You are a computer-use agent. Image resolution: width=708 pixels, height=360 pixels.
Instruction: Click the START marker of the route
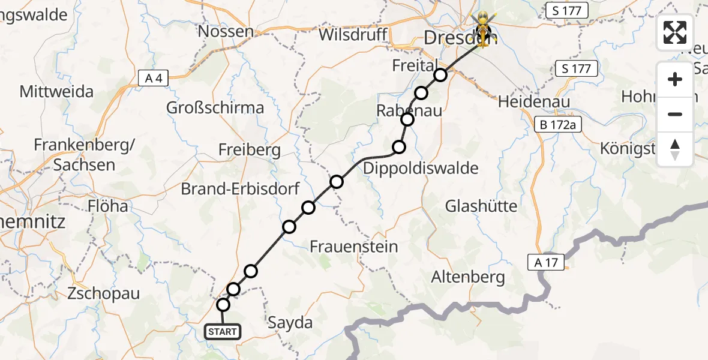[223, 331]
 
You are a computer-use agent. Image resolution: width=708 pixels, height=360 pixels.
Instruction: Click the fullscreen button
[675, 32]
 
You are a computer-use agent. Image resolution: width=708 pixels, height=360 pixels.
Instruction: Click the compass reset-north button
[675, 149]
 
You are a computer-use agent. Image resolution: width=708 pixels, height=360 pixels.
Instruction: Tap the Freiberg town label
[250, 149]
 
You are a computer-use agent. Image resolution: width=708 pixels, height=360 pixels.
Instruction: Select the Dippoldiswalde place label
[421, 168]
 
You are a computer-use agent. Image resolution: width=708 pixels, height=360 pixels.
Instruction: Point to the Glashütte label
[481, 206]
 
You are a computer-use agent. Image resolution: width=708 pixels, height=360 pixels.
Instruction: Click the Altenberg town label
[469, 277]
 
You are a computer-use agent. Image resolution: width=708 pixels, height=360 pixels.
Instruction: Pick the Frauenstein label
[354, 246]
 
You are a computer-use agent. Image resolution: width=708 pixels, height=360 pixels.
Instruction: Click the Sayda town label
[291, 323]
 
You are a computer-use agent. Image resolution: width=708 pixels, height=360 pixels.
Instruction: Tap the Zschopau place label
[104, 294]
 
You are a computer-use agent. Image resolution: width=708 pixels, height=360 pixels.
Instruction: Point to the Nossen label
[226, 31]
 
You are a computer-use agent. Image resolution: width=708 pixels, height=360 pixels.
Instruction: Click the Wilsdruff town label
[352, 34]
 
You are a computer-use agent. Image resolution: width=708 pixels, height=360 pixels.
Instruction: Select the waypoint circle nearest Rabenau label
[408, 119]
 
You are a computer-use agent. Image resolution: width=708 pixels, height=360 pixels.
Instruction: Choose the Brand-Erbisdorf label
[241, 189]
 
